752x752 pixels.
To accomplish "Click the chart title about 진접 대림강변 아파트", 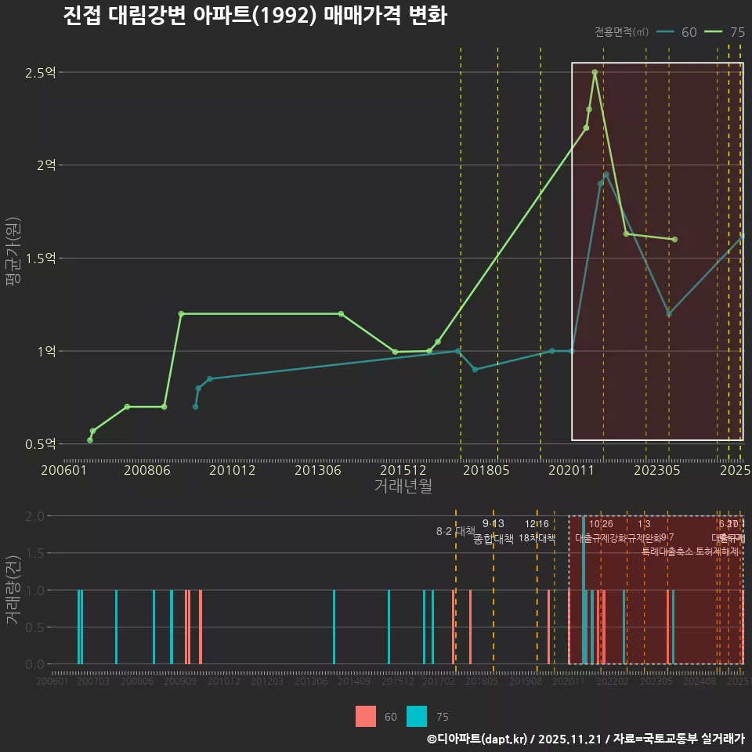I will [255, 16].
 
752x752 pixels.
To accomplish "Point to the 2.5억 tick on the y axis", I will [41, 73].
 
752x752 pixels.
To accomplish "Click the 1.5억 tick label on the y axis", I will [41, 258].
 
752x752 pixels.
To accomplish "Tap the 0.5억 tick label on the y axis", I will [41, 444].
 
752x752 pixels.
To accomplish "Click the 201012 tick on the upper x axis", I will [232, 470].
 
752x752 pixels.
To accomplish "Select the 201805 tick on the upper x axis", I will [486, 470].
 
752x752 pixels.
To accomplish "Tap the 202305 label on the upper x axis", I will [656, 470].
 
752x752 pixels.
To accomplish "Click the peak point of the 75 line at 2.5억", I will [595, 72].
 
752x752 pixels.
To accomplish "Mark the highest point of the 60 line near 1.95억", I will [606, 175].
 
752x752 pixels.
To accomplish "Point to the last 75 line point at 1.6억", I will [674, 240].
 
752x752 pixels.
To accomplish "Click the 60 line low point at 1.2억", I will [669, 314].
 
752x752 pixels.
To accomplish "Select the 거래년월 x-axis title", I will [403, 486].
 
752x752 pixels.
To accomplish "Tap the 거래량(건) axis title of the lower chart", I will [14, 589].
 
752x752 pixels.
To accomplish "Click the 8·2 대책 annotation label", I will [456, 531].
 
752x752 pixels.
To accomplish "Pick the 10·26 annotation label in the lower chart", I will [601, 524].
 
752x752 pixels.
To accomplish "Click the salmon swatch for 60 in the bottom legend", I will [366, 716].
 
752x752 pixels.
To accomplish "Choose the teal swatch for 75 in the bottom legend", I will [417, 716].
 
